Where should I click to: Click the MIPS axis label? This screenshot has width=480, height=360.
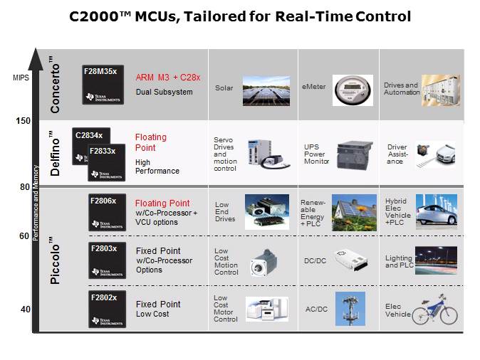click(x=21, y=78)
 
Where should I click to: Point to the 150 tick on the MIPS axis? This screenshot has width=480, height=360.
click(x=23, y=121)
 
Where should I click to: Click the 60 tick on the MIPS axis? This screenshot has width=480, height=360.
click(x=24, y=236)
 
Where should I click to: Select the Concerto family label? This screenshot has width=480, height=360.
click(x=56, y=85)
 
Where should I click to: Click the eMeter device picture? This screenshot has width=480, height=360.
click(x=352, y=90)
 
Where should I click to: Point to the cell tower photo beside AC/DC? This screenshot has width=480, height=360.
click(x=350, y=309)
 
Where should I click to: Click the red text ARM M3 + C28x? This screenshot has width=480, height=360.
click(x=167, y=78)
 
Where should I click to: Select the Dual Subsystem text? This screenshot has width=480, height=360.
click(x=165, y=92)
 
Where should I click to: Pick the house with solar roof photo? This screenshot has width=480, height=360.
click(x=354, y=212)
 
